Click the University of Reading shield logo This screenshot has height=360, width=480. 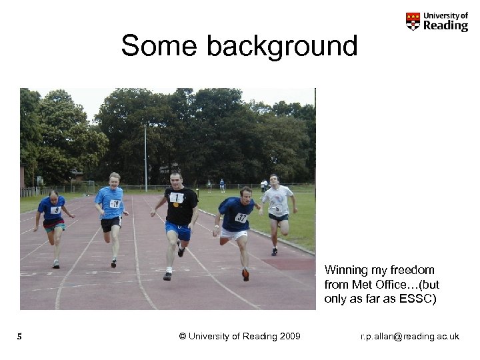413,21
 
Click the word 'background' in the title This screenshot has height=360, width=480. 282,47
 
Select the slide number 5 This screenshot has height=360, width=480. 20,337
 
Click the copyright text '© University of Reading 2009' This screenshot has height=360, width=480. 240,336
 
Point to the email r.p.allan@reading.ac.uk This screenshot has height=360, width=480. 409,336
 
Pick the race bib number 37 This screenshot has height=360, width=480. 241,217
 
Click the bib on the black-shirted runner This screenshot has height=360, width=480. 176,197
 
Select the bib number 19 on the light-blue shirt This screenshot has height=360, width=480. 115,204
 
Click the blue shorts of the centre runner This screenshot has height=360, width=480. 179,231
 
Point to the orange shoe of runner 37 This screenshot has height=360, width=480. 245,274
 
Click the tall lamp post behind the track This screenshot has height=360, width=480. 145,157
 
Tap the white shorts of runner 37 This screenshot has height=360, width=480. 235,234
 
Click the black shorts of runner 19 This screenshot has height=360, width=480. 111,224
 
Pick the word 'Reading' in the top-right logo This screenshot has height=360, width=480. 446,25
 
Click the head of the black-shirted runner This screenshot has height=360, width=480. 175,179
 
